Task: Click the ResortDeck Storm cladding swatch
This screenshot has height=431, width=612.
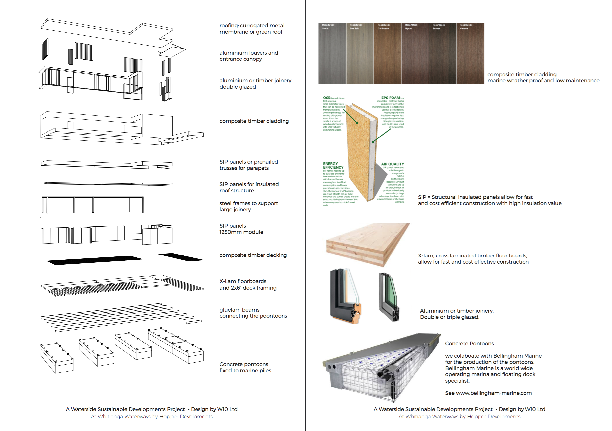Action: click(332, 53)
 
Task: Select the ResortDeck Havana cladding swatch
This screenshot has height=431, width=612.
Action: click(470, 53)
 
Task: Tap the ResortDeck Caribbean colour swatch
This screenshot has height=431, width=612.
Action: click(388, 53)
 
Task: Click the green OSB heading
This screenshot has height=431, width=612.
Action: click(327, 98)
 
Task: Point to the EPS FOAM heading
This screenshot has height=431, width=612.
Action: click(391, 98)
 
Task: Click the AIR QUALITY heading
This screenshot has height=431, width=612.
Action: click(392, 164)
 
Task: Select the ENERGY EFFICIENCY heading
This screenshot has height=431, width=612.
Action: click(333, 166)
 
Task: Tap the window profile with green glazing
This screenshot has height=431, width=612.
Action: click(390, 297)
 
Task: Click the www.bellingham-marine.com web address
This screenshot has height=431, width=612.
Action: click(494, 393)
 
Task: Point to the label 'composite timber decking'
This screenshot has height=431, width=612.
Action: click(253, 255)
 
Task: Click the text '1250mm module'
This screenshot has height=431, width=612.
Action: click(241, 232)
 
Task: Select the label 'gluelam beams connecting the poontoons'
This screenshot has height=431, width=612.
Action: click(253, 313)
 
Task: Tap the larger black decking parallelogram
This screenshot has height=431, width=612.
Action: click(95, 260)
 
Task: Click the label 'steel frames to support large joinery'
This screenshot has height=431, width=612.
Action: click(248, 206)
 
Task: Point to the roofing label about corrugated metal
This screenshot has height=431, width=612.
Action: click(252, 29)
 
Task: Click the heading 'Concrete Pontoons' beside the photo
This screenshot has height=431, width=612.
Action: click(469, 343)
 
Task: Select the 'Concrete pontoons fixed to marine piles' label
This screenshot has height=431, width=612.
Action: click(245, 367)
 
